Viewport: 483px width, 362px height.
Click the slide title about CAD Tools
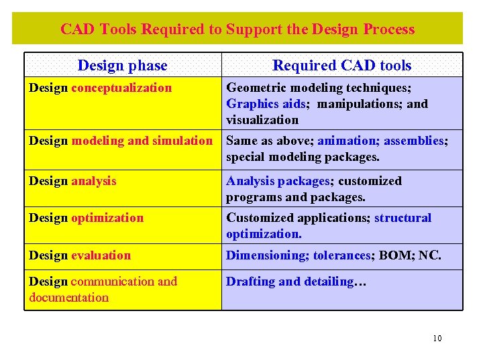click(x=237, y=29)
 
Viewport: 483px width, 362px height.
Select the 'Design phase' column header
click(x=122, y=65)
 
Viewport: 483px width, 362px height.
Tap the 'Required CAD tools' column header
click(x=341, y=65)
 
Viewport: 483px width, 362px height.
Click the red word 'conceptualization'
click(x=121, y=88)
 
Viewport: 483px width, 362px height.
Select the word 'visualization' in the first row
click(x=262, y=120)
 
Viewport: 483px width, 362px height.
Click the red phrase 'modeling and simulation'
click(x=142, y=141)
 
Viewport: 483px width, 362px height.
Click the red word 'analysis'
click(x=93, y=181)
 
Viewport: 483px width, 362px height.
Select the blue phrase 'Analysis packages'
click(x=278, y=181)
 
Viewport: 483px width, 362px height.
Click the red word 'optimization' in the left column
click(x=107, y=218)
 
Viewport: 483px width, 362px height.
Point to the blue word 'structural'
click(x=402, y=218)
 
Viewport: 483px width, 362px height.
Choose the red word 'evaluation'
click(x=101, y=255)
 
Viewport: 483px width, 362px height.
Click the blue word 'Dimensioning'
click(x=260, y=255)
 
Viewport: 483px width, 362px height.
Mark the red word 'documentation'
click(x=68, y=298)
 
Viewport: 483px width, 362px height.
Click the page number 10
click(x=437, y=338)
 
